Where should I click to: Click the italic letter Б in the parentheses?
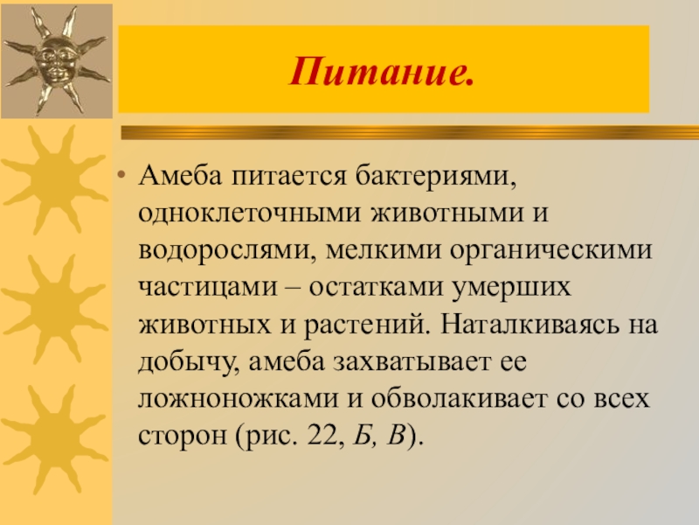pos(360,435)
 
